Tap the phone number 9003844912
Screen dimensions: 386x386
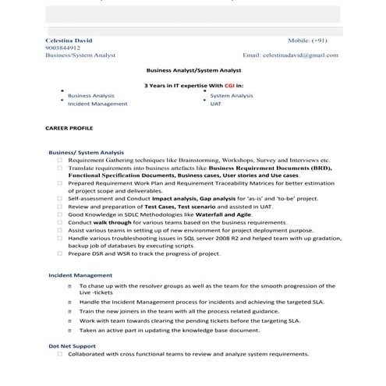(x=62, y=47)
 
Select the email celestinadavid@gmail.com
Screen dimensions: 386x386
(x=300, y=55)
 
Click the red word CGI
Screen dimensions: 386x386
(x=230, y=84)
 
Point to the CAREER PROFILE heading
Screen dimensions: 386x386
(x=69, y=127)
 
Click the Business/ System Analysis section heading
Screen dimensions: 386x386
(x=86, y=152)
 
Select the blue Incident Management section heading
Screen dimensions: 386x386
(x=80, y=275)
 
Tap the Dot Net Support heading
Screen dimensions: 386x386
(x=72, y=345)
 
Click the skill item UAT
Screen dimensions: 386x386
(x=215, y=103)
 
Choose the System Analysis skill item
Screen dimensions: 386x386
(x=232, y=94)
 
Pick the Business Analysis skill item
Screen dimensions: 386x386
(x=91, y=94)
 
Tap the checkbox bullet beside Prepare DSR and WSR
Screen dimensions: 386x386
(x=60, y=253)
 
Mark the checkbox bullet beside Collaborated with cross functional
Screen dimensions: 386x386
(x=60, y=353)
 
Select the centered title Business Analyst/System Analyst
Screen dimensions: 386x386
(x=193, y=70)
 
